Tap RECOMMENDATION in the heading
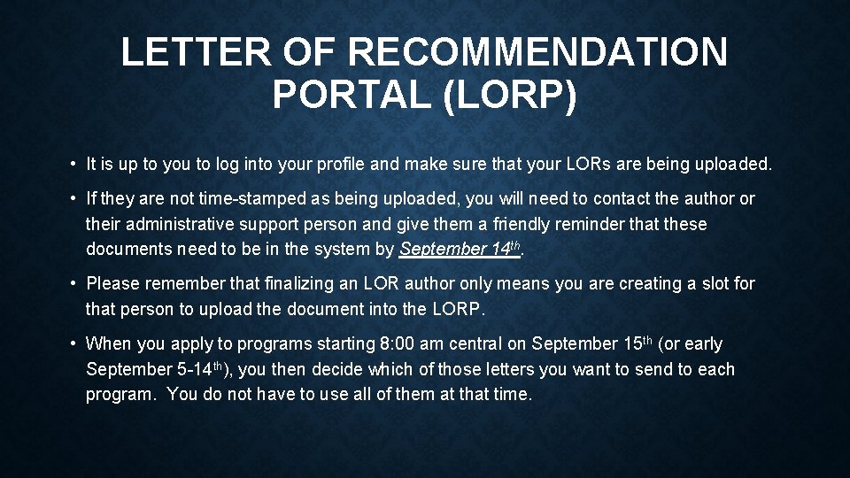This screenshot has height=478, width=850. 537,53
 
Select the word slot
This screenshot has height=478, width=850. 712,284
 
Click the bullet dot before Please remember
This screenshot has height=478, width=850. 72,284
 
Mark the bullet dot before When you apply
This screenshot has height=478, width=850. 72,343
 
